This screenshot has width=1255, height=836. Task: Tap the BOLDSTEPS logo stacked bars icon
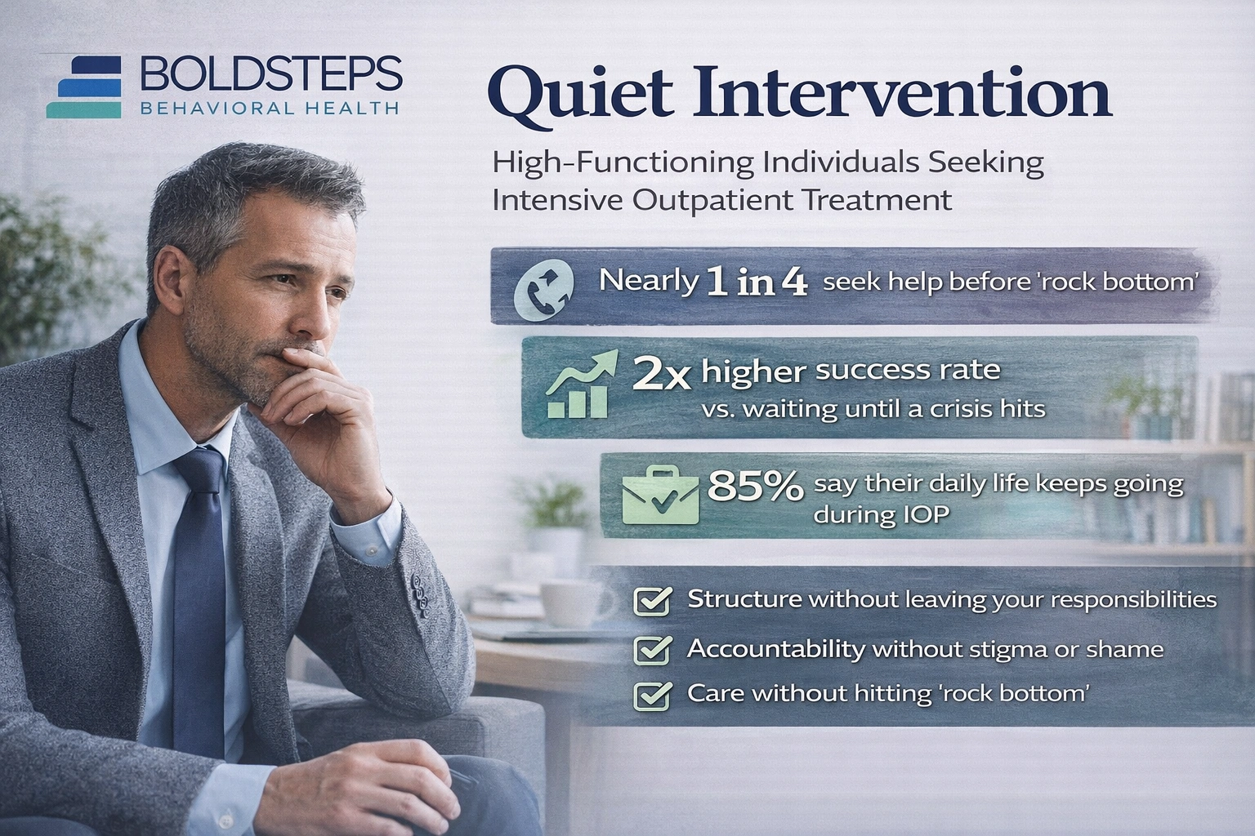84,87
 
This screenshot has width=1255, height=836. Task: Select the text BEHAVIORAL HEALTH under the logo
270,109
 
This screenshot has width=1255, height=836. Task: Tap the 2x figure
663,376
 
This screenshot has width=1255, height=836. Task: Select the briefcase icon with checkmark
660,495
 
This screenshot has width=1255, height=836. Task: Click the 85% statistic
755,487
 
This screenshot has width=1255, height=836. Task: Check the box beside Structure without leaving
653,602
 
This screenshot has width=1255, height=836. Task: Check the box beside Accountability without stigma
653,651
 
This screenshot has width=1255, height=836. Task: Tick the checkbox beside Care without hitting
653,696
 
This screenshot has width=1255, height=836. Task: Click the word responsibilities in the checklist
1132,600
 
